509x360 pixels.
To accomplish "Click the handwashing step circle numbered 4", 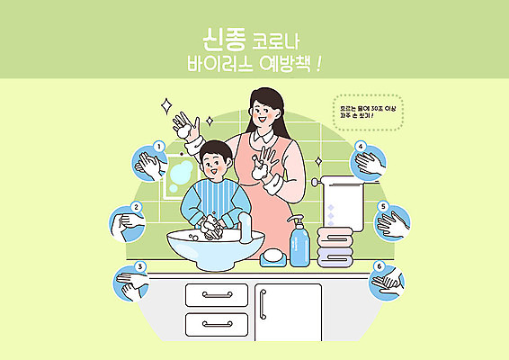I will (371, 161).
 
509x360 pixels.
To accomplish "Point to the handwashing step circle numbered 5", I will (392, 221).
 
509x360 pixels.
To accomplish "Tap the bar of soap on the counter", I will (272, 256).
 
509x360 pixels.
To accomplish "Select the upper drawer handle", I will (216, 294).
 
